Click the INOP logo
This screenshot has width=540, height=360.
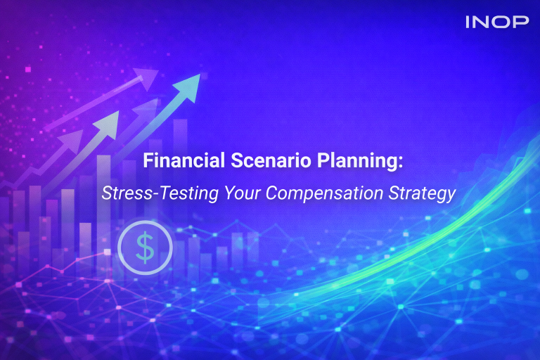[x=496, y=22]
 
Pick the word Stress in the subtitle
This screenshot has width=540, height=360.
[x=122, y=193]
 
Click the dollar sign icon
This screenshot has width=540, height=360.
[x=145, y=247]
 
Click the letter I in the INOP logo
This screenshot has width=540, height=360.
[x=468, y=22]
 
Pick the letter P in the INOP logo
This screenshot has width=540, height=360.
[x=521, y=22]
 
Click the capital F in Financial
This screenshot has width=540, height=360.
[x=148, y=162]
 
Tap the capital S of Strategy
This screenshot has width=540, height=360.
[x=388, y=193]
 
